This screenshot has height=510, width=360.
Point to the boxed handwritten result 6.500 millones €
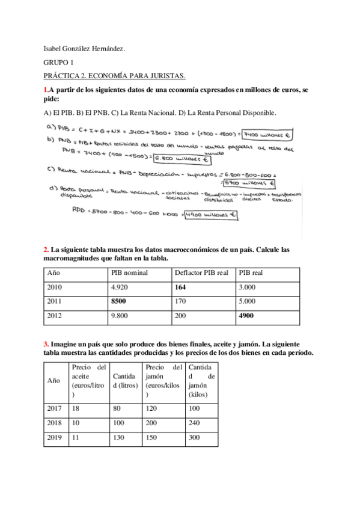(x=181, y=159)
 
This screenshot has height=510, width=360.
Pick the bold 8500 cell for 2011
(x=120, y=301)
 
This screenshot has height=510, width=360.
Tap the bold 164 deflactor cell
(x=181, y=287)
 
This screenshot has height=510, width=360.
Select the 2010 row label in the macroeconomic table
(x=55, y=287)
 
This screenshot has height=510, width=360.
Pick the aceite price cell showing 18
(x=76, y=408)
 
